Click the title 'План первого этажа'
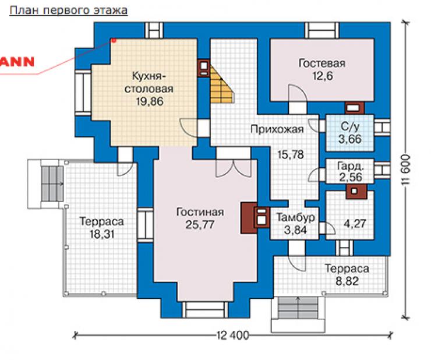pyautogui.click(x=69, y=10)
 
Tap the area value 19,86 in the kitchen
pyautogui.click(x=150, y=101)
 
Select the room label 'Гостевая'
pyautogui.click(x=322, y=63)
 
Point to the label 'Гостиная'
pyautogui.click(x=200, y=212)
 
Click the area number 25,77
pyautogui.click(x=200, y=225)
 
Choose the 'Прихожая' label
pyautogui.click(x=277, y=129)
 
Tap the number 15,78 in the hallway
pyautogui.click(x=291, y=155)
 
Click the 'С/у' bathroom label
pyautogui.click(x=349, y=126)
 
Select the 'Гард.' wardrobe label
pyautogui.click(x=351, y=166)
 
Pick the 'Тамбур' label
pyautogui.click(x=295, y=217)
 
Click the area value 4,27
pyautogui.click(x=355, y=224)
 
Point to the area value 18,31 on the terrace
pyautogui.click(x=102, y=234)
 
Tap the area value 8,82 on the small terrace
pyautogui.click(x=347, y=281)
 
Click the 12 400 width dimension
pyautogui.click(x=232, y=336)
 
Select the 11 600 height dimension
pyautogui.click(x=406, y=170)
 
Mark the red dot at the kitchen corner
pyautogui.click(x=113, y=41)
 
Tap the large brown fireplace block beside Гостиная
pyautogui.click(x=249, y=218)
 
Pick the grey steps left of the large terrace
pyautogui.click(x=52, y=184)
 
